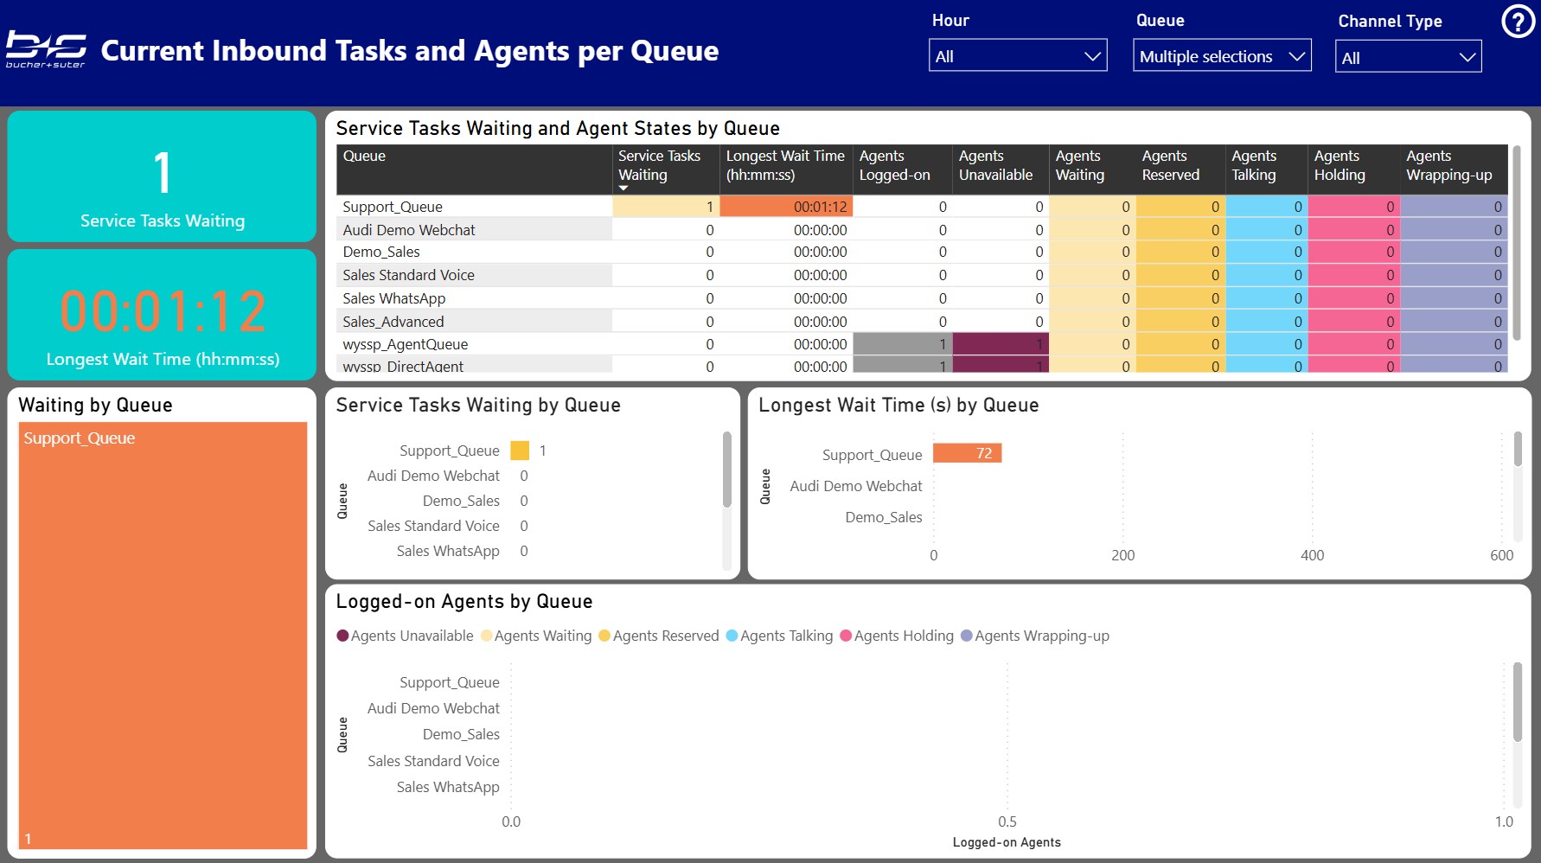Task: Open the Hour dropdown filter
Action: click(x=1017, y=56)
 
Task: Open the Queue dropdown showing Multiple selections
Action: click(x=1221, y=56)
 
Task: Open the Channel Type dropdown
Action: click(x=1407, y=57)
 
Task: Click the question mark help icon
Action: click(x=1518, y=22)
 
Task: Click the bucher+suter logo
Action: click(x=46, y=50)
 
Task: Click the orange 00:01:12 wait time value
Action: click(x=163, y=311)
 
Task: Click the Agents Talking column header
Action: click(x=1254, y=165)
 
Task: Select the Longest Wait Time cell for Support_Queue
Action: click(x=785, y=207)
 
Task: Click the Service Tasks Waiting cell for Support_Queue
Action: click(x=665, y=207)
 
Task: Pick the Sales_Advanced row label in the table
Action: click(x=393, y=322)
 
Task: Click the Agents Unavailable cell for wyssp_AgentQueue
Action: click(x=1000, y=344)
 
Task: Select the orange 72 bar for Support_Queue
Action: click(x=967, y=453)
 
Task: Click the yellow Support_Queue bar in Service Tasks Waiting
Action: click(x=520, y=451)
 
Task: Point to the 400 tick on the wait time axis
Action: click(x=1312, y=555)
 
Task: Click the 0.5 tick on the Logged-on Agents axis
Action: click(x=1007, y=821)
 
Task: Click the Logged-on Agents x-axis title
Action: click(x=1007, y=842)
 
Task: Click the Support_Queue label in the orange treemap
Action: click(x=80, y=438)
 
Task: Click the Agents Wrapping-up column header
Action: click(x=1448, y=165)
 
